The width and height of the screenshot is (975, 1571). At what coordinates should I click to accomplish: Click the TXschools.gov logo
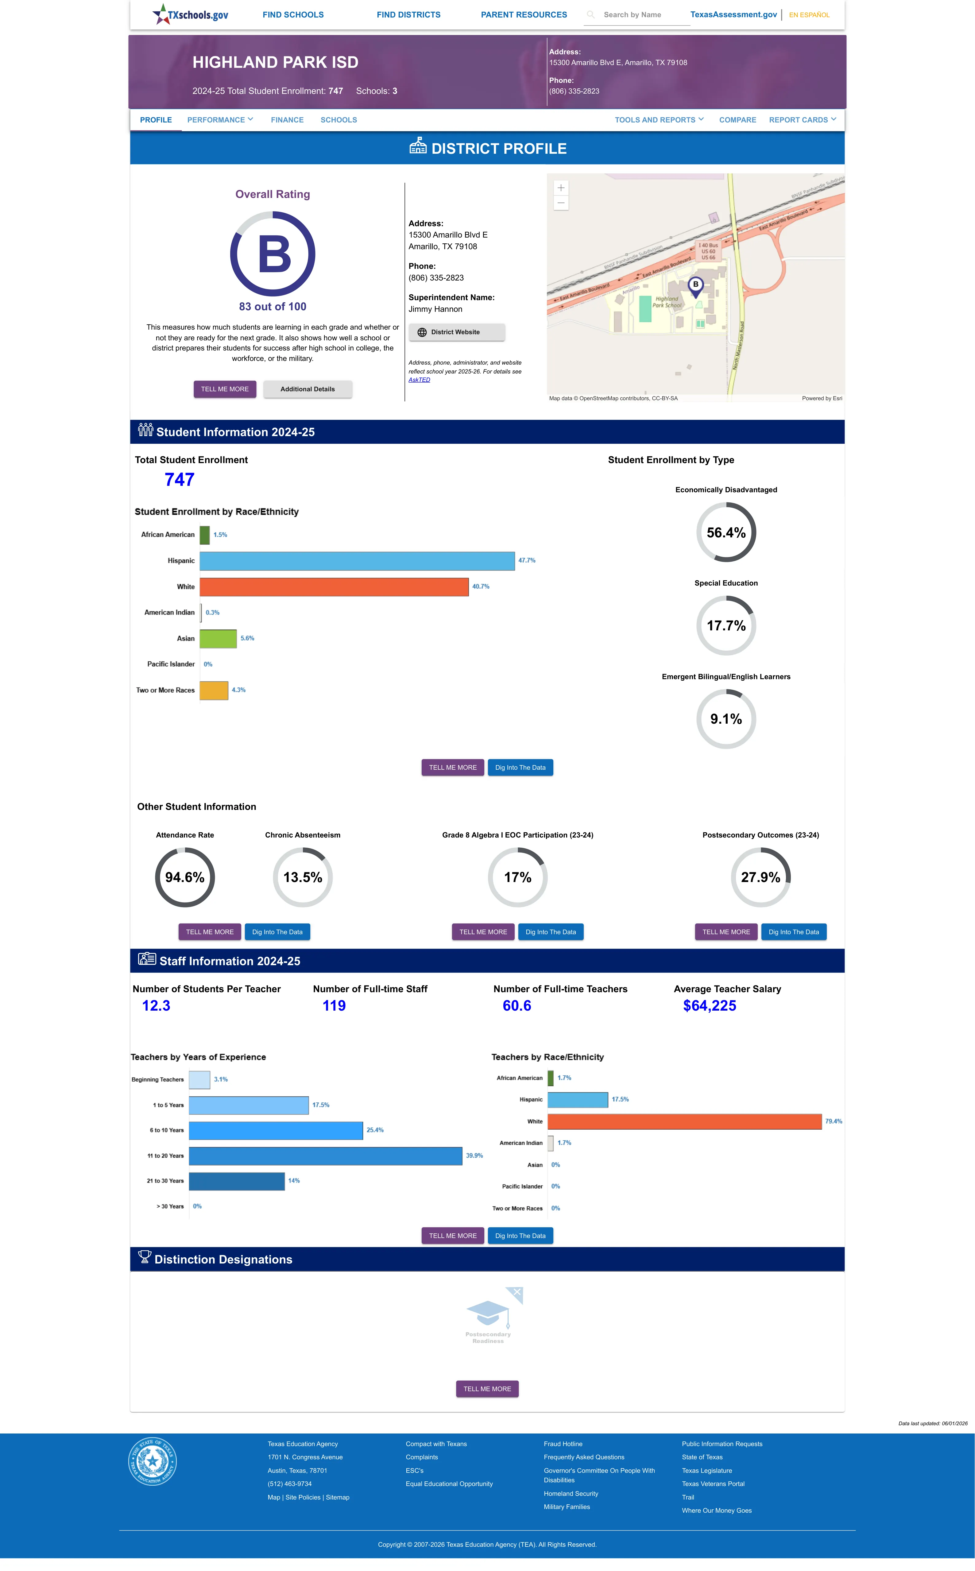pos(190,14)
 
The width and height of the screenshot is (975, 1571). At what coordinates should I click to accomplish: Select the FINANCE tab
pos(287,120)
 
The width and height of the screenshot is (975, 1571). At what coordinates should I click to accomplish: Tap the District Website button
pos(457,332)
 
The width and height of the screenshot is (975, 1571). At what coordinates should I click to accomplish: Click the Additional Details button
pos(308,389)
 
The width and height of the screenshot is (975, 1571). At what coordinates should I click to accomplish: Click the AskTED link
pos(419,380)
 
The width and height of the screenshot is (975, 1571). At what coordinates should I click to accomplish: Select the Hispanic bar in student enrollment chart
pos(357,561)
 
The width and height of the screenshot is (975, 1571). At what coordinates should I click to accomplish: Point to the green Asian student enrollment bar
pos(218,638)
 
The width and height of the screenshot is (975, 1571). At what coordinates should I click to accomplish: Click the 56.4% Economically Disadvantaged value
pos(726,532)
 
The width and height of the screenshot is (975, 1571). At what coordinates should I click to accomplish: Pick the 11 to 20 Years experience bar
pos(326,1156)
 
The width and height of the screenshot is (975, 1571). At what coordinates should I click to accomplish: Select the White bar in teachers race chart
pos(685,1122)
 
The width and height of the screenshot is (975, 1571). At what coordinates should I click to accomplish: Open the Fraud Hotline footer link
pos(563,1444)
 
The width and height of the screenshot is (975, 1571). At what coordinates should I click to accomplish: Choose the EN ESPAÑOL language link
pos(809,15)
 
